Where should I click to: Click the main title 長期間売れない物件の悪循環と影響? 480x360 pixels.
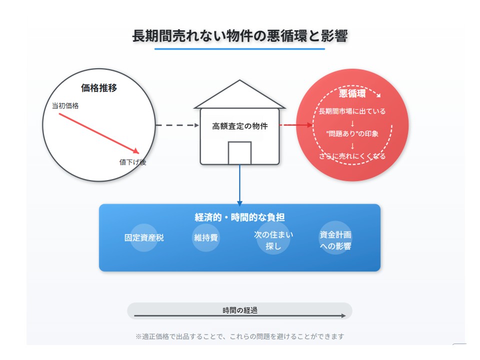(x=239, y=36)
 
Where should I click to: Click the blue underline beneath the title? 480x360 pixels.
(x=239, y=48)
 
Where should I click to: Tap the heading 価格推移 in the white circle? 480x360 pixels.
(x=99, y=88)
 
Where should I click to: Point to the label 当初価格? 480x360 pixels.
(x=65, y=105)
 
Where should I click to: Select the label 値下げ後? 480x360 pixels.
(x=132, y=162)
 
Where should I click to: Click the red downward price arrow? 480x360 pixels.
(x=99, y=133)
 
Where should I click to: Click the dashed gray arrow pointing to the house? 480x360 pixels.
(x=177, y=125)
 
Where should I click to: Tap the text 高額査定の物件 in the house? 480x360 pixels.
(x=239, y=126)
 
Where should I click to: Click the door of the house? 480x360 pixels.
(x=239, y=153)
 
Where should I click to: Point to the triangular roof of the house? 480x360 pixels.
(x=239, y=94)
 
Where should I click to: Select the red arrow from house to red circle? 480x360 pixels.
(x=296, y=125)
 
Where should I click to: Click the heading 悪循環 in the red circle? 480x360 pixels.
(x=352, y=93)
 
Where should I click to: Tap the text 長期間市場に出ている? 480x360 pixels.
(x=352, y=111)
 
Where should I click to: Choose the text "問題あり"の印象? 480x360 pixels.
(x=352, y=134)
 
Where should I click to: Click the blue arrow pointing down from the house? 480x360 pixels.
(x=239, y=185)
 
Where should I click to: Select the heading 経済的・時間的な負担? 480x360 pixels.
(x=239, y=217)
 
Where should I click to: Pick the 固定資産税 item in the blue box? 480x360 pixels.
(x=144, y=238)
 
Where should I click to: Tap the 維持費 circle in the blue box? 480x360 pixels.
(x=205, y=238)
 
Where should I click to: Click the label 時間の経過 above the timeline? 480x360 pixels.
(x=239, y=310)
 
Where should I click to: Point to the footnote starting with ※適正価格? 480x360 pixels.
(x=239, y=336)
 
